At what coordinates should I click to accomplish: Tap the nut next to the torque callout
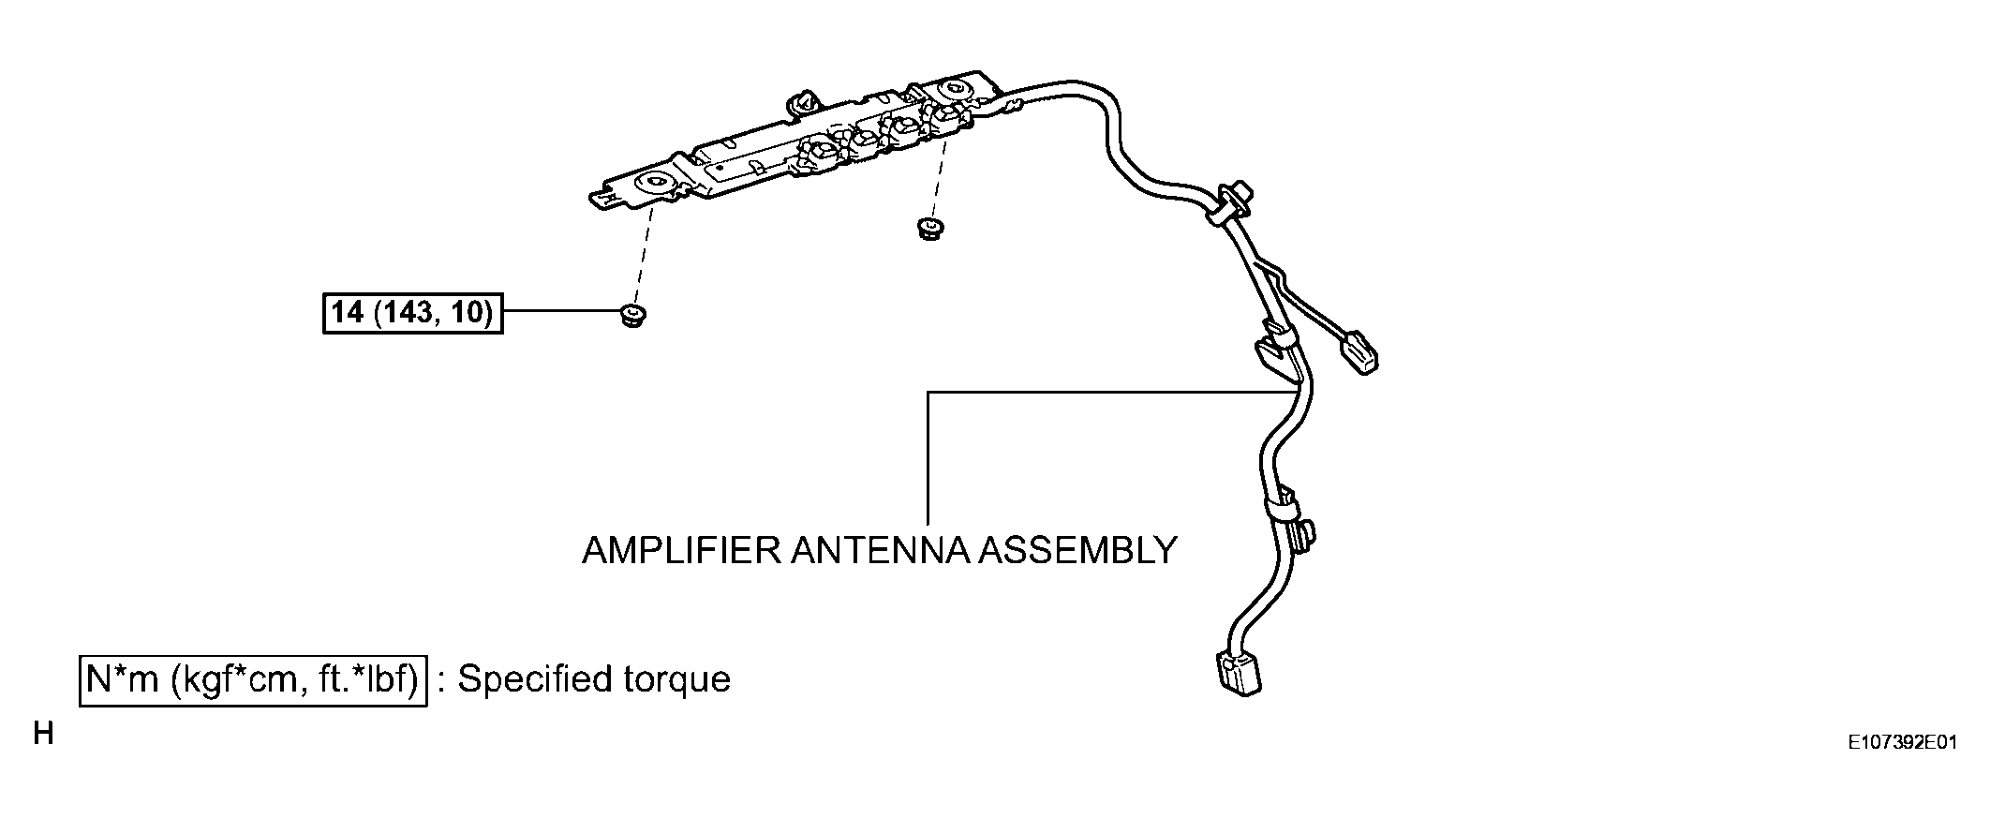pos(634,316)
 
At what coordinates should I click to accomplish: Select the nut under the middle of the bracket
pos(928,228)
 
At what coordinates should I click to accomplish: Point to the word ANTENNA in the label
pos(879,550)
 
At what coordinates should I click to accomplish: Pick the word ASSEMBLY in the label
pos(1077,550)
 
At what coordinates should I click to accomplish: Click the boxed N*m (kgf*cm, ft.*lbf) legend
pos(253,679)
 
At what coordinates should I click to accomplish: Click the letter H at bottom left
pos(42,733)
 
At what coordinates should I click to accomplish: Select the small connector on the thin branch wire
pos(1358,353)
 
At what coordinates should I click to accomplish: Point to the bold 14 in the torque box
pos(348,312)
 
